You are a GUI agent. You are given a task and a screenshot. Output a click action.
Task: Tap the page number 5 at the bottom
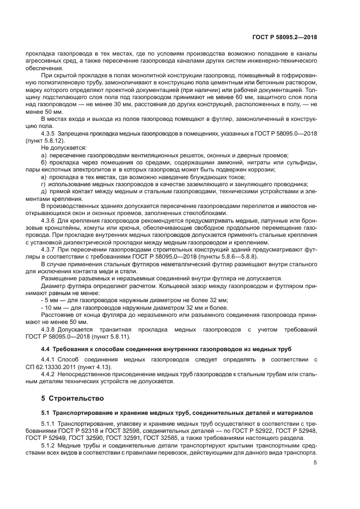pos(315,463)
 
